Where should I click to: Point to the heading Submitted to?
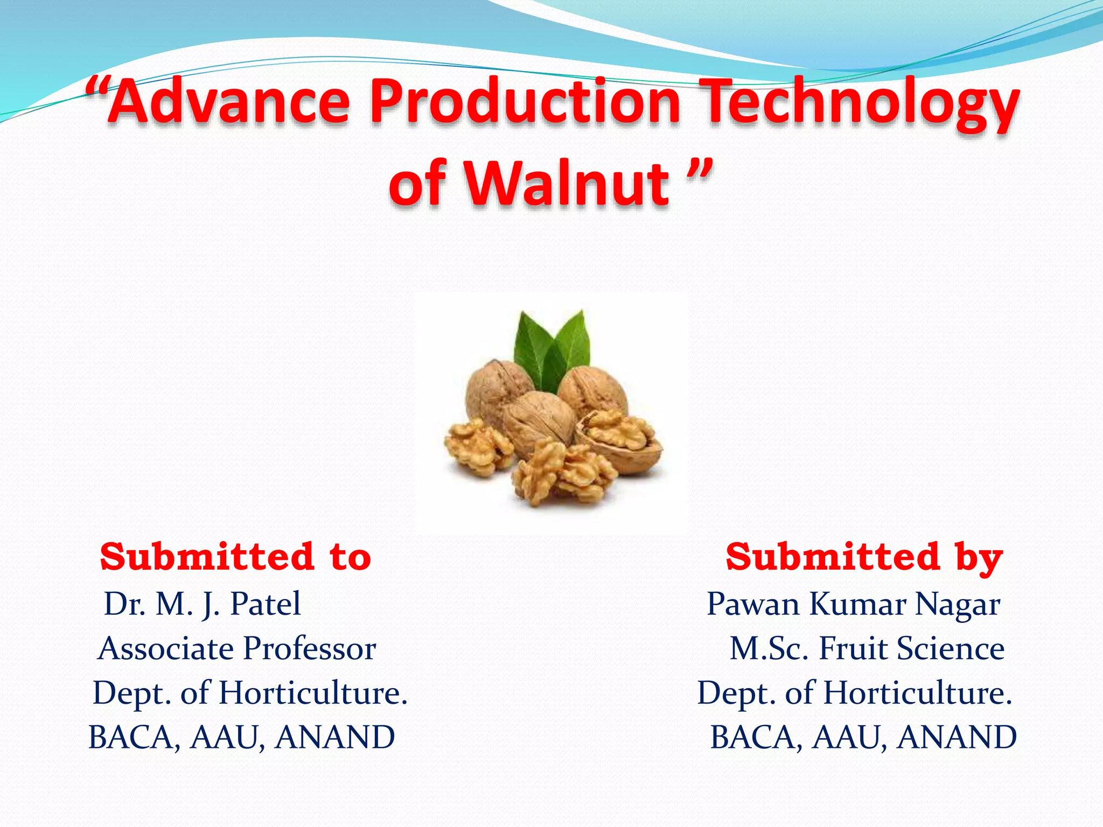click(x=235, y=557)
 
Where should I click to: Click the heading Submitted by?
click(x=864, y=557)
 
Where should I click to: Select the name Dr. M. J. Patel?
click(x=203, y=604)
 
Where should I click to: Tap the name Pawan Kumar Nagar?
click(x=853, y=604)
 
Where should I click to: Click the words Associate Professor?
click(x=237, y=648)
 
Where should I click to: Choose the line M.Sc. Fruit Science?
click(x=867, y=648)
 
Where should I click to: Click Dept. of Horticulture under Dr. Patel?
click(x=250, y=693)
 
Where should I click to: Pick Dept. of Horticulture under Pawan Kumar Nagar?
click(x=855, y=693)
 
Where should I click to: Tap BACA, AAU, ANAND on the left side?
click(x=242, y=737)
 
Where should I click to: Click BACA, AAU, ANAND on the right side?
click(x=863, y=737)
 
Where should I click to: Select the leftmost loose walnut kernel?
click(x=477, y=447)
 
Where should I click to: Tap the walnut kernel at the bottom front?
click(x=563, y=474)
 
